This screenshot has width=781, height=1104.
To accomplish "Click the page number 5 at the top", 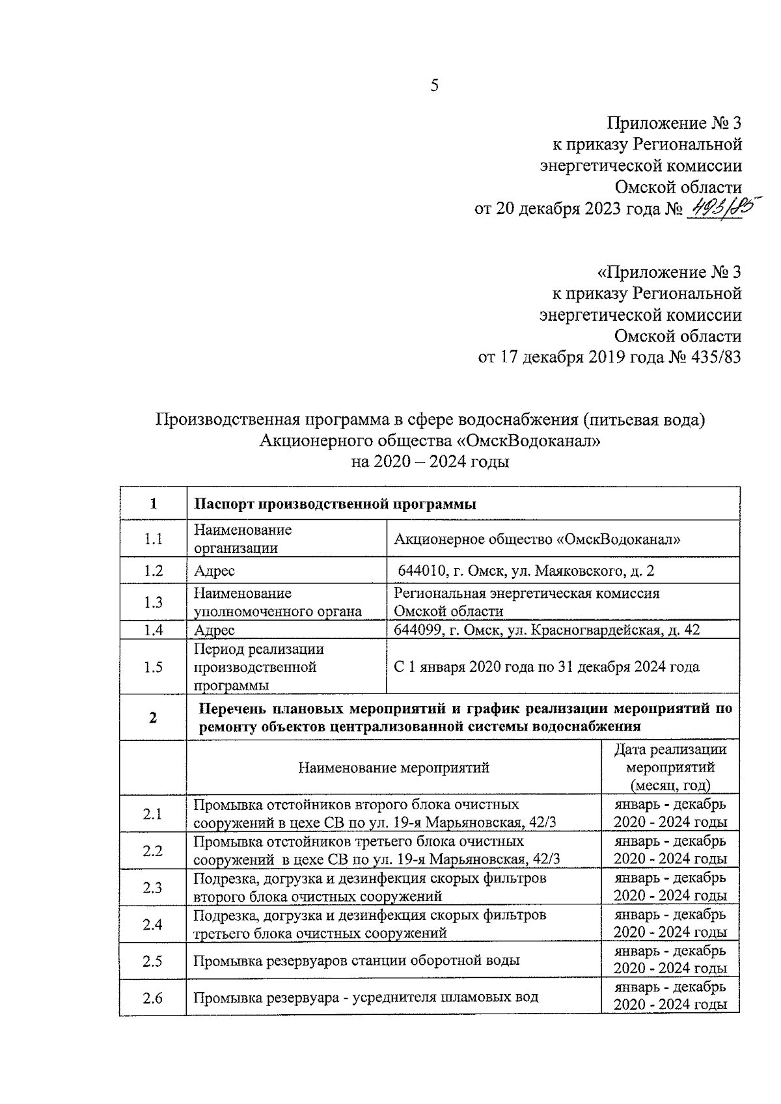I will point(435,86).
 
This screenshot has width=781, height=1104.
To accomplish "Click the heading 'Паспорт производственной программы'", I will point(336,504).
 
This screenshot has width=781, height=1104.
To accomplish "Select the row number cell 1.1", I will point(153,539).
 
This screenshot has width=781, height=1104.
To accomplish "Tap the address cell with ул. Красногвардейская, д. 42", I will point(547,630).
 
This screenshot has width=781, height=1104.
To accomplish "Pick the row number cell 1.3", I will point(153,602).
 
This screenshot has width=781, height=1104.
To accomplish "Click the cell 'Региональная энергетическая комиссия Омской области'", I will point(527,602).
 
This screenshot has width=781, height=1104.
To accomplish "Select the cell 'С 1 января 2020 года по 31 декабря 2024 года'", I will point(547,667).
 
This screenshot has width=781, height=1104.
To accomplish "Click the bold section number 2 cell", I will point(153,718).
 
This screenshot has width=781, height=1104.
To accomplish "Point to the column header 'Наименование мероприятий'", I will point(394,768).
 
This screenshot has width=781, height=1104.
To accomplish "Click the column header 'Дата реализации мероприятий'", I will point(670,767).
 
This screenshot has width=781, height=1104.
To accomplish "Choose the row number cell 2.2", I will point(153,850).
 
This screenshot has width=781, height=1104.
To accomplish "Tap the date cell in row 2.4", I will point(670,924).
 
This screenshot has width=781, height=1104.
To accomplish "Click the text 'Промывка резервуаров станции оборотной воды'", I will point(357,960).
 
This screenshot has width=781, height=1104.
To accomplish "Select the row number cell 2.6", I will point(153,997).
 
